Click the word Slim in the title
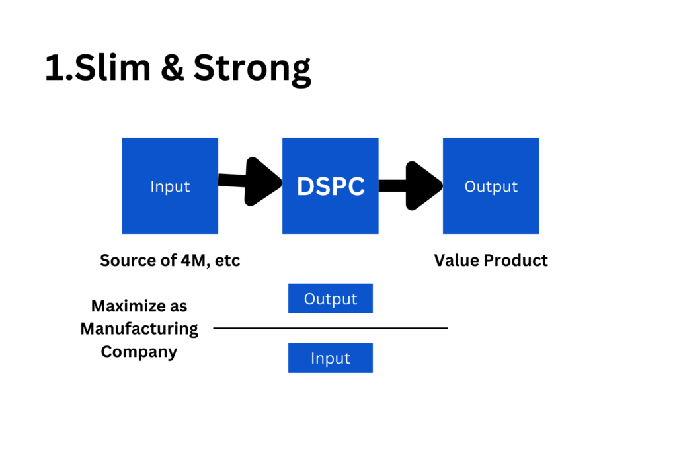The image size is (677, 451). click(112, 67)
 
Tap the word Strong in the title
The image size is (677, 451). click(252, 69)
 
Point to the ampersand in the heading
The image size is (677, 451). click(173, 67)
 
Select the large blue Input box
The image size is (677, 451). click(170, 186)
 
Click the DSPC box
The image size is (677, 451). click(331, 186)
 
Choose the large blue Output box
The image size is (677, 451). click(491, 186)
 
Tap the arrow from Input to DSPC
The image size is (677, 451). click(251, 181)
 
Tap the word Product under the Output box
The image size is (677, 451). click(516, 260)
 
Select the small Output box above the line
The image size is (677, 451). click(331, 298)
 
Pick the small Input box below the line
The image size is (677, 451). click(331, 358)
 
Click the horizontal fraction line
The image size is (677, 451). click(331, 328)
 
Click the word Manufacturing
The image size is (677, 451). click(139, 329)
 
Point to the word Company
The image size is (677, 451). click(139, 352)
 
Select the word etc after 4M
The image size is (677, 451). click(227, 261)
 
